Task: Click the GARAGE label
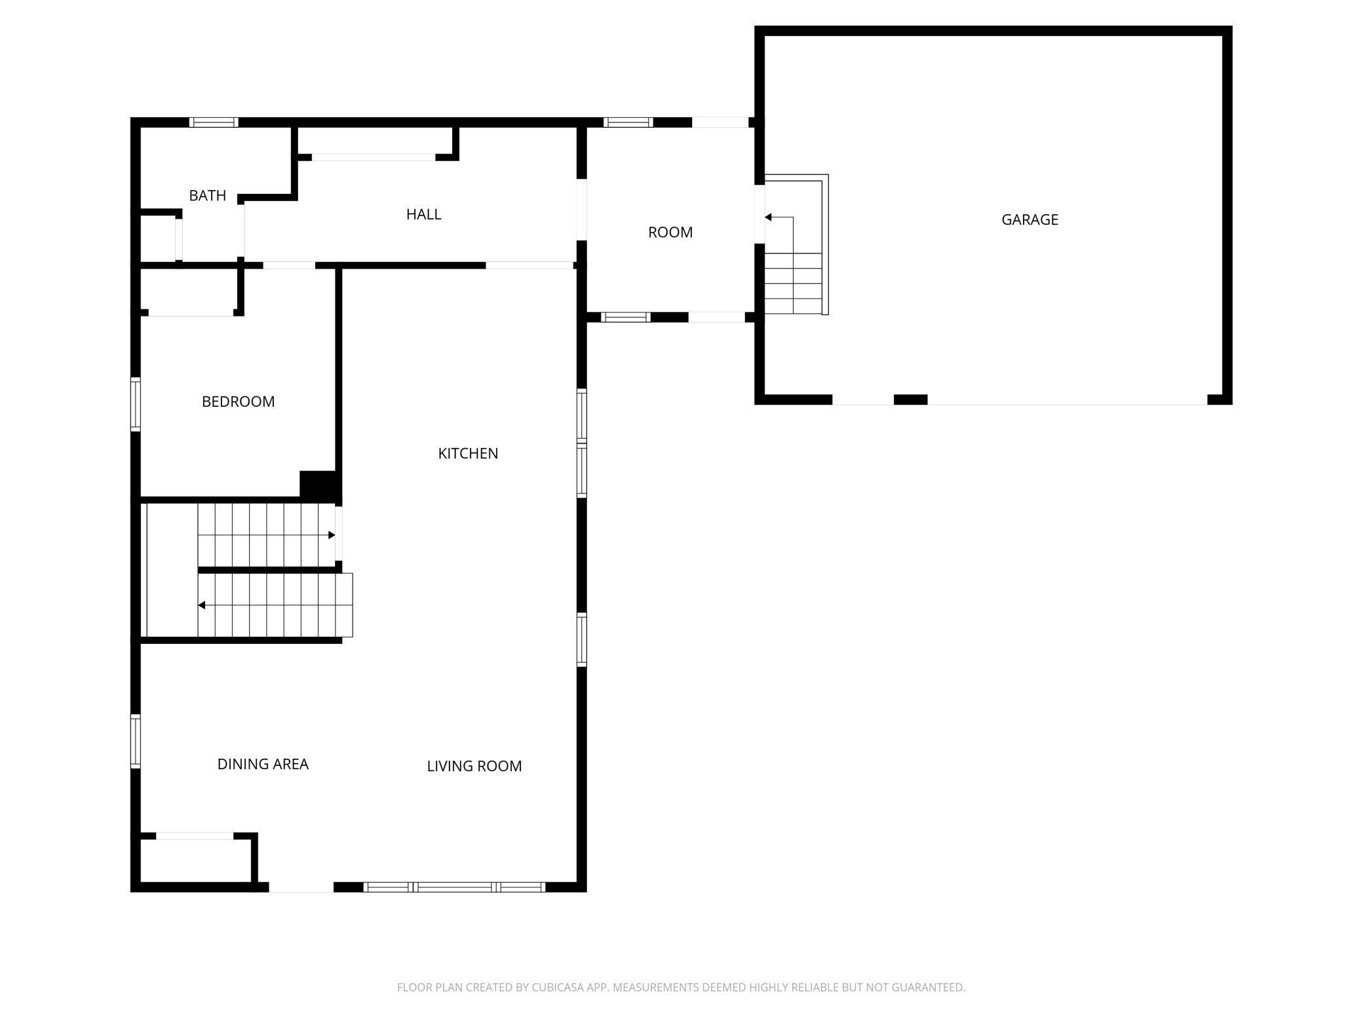pos(1029,219)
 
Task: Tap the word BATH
pos(207,195)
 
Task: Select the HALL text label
pos(423,214)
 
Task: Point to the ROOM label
pos(670,232)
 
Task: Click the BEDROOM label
pos(238,402)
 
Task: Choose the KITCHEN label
pos(468,453)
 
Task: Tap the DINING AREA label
pos(263,764)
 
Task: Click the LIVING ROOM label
pos(474,766)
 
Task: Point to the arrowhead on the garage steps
pos(769,217)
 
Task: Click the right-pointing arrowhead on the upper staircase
pos(332,535)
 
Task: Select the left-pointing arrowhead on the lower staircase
pos(202,605)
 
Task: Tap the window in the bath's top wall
pos(214,123)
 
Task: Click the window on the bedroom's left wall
pos(136,404)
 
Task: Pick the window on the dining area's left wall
pos(136,741)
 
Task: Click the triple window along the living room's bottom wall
pos(454,887)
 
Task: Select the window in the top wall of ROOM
pos(628,123)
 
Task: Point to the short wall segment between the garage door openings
pos(910,400)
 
